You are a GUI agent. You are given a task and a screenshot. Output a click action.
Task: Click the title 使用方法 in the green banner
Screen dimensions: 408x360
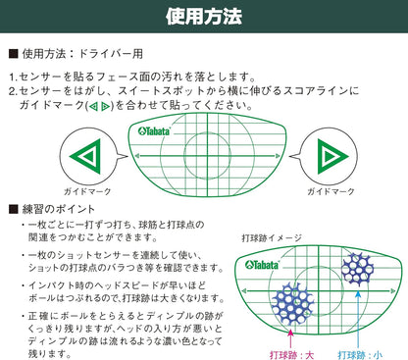(204, 17)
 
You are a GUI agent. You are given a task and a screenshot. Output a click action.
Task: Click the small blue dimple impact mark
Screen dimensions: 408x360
(356, 266)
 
